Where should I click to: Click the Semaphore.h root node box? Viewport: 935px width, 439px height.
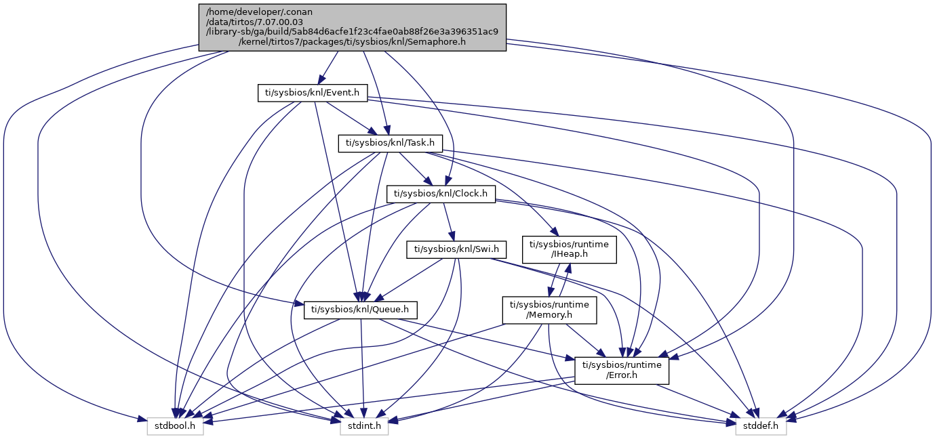pyautogui.click(x=352, y=26)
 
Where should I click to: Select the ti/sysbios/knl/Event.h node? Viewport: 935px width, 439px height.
pyautogui.click(x=313, y=93)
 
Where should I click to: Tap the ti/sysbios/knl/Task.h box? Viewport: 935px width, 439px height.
pyautogui.click(x=391, y=143)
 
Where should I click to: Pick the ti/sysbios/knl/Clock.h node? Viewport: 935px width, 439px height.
pyautogui.click(x=441, y=194)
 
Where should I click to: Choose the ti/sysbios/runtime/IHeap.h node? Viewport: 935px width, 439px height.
pyautogui.click(x=568, y=249)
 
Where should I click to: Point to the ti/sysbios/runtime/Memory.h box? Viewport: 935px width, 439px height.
pyautogui.click(x=549, y=310)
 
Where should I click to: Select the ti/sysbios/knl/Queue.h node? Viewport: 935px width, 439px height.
pyautogui.click(x=360, y=310)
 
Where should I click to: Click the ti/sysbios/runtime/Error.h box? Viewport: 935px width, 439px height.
pyautogui.click(x=622, y=370)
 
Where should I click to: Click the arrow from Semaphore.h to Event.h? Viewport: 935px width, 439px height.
pyautogui.click(x=327, y=68)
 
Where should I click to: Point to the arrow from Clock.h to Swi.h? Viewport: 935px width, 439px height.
pyautogui.click(x=447, y=220)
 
